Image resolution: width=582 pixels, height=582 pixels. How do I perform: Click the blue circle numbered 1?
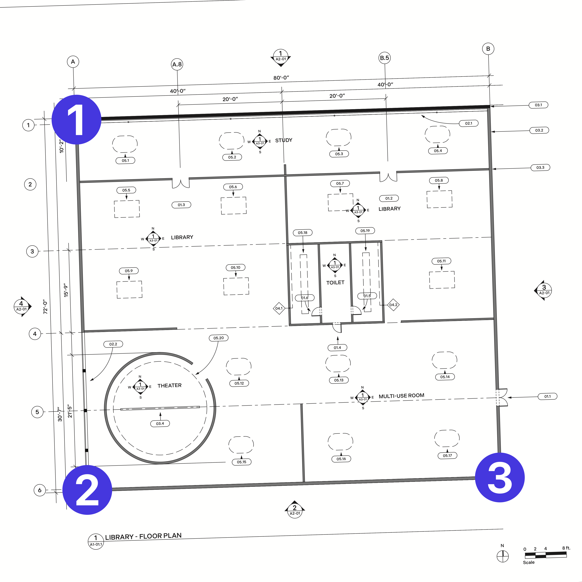76,120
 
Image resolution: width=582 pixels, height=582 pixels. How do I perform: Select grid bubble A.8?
177,64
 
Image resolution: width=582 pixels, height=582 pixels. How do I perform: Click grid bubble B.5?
384,58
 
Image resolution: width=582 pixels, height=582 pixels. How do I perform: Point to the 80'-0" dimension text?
281,78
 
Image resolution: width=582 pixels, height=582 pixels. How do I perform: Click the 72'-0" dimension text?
45,307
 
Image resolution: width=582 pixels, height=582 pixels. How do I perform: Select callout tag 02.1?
468,123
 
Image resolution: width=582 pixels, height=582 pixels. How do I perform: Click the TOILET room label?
335,283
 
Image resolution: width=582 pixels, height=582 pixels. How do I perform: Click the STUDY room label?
284,140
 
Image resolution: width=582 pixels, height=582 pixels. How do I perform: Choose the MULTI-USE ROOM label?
401,396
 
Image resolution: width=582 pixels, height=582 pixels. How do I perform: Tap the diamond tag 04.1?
279,308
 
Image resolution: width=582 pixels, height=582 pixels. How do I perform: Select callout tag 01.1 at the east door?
547,397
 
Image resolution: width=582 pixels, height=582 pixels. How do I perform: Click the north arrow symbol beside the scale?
503,556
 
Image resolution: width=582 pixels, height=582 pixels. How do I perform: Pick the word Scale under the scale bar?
529,562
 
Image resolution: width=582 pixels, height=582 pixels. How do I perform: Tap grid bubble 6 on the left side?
39,490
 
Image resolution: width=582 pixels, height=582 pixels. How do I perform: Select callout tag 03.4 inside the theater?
160,424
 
